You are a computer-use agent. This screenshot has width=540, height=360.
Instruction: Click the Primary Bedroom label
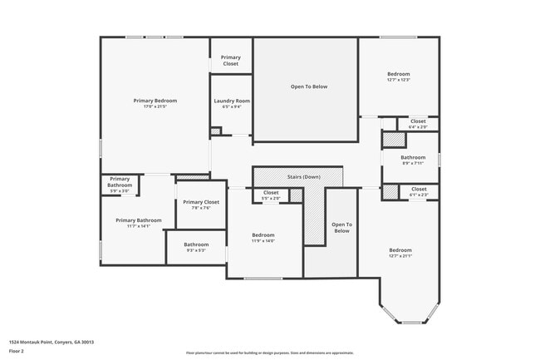pos(155,101)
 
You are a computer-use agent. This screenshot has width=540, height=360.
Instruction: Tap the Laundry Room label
pos(232,101)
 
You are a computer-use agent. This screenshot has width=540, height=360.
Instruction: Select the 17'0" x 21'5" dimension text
pos(155,107)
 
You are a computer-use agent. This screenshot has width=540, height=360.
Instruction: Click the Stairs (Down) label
pos(303,177)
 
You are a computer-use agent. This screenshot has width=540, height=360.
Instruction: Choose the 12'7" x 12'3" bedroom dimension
pos(398,80)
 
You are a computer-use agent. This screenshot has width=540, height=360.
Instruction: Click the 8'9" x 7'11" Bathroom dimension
pos(413,164)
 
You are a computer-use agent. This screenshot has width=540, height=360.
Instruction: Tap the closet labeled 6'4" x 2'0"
pos(418,126)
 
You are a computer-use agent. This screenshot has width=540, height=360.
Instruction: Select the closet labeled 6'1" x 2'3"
pos(418,195)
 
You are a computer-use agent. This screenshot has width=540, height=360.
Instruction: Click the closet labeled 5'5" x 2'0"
pos(271,199)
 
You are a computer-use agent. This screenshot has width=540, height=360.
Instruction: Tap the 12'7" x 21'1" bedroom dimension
pos(400,256)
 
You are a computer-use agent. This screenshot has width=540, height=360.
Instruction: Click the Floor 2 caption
pos(17,351)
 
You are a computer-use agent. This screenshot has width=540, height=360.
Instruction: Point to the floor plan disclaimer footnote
pos(270,353)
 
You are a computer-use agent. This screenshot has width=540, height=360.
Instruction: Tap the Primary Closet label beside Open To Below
pos(230,61)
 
